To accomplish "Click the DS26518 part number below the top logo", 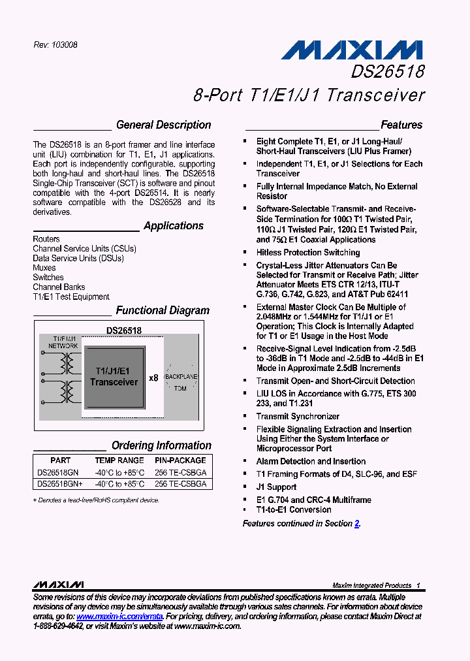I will coord(388,71).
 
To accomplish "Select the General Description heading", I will coord(163,125).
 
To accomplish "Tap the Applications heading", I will coord(173,226).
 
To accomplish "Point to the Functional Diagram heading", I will coord(163,311).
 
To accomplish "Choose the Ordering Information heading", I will coord(161,445).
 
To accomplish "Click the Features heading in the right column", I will coord(401,125).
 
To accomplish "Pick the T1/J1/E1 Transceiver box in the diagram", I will coord(114,376).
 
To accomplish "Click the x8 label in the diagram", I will coord(153,378).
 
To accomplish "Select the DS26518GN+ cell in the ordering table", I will coord(60,484).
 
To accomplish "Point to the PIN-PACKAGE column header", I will coord(180,460).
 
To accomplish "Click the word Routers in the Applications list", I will coord(46,239).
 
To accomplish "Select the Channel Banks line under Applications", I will coord(59,287).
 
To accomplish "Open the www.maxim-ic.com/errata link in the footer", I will coord(119,616).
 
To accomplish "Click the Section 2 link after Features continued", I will coord(357,523).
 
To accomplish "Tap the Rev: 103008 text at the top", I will coord(55,45).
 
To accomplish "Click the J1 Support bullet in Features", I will coord(276,487).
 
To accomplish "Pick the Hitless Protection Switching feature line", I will coord(308,252).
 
